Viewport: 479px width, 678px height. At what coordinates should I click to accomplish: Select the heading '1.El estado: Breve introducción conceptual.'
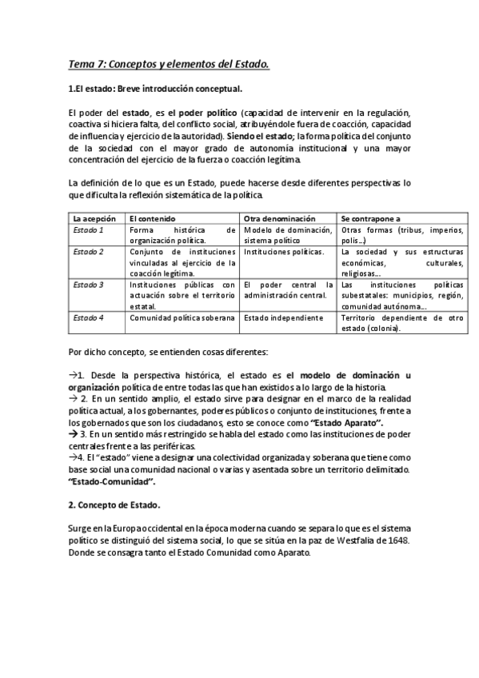[x=156, y=89]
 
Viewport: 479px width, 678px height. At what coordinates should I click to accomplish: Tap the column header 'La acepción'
[x=94, y=217]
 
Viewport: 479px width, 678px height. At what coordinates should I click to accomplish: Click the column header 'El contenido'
[x=152, y=217]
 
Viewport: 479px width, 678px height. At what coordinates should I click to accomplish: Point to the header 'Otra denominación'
[x=277, y=217]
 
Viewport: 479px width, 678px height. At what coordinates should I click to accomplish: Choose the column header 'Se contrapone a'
[x=371, y=217]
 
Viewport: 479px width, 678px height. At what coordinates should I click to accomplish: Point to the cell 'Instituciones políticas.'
[x=284, y=252]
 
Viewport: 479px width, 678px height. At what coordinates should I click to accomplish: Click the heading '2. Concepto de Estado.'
[x=114, y=505]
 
